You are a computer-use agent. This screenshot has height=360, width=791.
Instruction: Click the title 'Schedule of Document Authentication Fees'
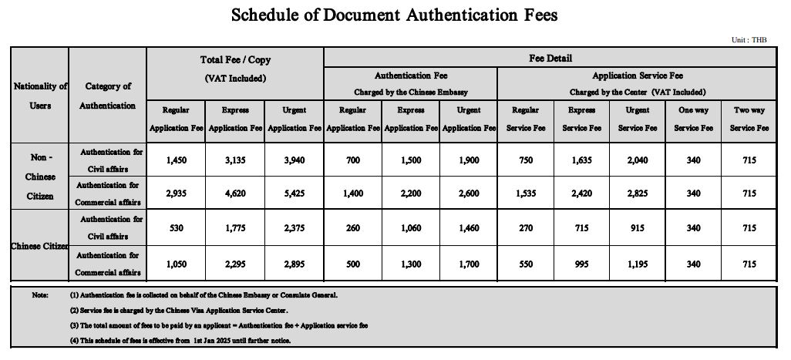coord(395,15)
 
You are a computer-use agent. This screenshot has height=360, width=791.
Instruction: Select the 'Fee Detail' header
coord(550,58)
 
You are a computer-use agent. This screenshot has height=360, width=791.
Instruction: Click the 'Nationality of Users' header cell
coord(40,96)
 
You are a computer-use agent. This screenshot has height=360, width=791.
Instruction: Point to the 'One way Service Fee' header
coord(692,119)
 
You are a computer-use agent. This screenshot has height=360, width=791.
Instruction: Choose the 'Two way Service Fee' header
coord(749,119)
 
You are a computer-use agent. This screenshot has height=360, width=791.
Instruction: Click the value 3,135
coord(235,160)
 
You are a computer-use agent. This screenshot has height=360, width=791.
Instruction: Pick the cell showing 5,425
coord(294,193)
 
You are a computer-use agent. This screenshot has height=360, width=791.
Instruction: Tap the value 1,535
coord(525,193)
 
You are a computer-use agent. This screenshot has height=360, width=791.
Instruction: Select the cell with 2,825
coord(637,193)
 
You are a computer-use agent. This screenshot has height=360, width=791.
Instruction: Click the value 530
coord(177,228)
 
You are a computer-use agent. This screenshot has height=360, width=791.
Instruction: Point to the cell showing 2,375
coord(294,228)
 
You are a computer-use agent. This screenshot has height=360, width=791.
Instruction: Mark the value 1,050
coord(177,264)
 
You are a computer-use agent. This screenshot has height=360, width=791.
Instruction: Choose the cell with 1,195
coord(637,264)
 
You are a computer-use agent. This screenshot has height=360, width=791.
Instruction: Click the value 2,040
coord(637,160)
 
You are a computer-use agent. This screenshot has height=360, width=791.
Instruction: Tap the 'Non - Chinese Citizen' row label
coord(40,176)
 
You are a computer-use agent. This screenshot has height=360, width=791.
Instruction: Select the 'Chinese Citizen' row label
coord(40,246)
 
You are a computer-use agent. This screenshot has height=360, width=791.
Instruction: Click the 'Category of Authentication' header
coord(107,96)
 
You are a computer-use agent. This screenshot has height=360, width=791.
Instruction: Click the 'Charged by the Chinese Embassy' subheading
coord(410,92)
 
